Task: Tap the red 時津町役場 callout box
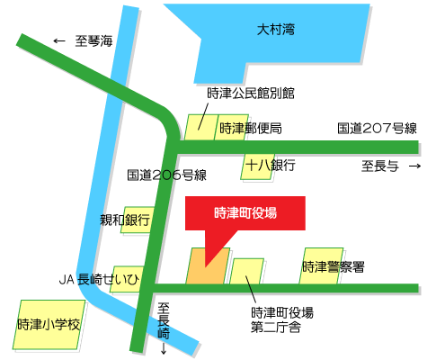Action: coord(245,214)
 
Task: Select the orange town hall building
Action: coord(208,267)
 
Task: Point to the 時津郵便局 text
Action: coord(251,128)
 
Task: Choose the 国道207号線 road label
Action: coord(378,128)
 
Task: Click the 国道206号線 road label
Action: coord(167,175)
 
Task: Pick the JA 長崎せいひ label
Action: coord(100,279)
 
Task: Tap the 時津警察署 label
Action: coord(334,266)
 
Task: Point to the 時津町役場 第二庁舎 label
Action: coord(282,319)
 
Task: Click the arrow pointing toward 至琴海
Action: coord(60,40)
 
